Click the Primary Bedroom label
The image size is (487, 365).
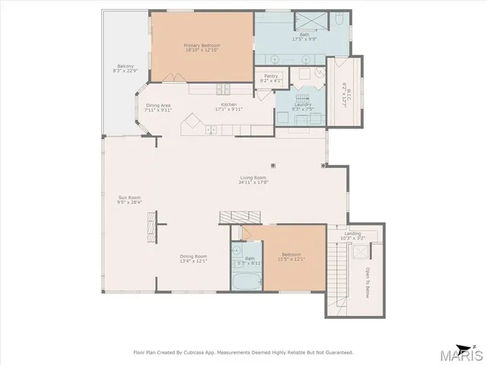(x=202, y=46)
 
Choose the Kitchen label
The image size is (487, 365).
(x=229, y=105)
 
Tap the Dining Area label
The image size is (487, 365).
(x=158, y=105)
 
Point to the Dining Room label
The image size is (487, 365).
(x=193, y=256)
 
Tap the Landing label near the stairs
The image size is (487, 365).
(x=352, y=234)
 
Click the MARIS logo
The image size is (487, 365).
(x=459, y=353)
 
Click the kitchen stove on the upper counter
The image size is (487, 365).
(x=221, y=89)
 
